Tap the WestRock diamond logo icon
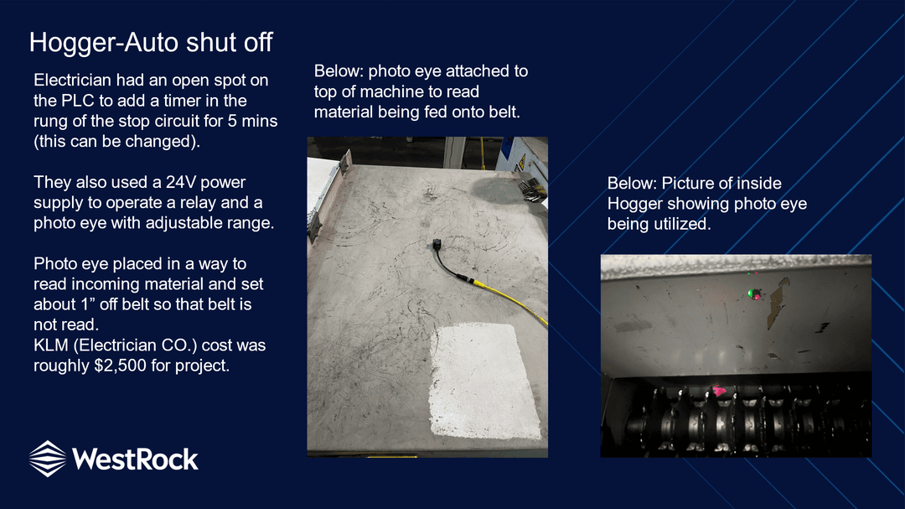47,459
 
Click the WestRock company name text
135,460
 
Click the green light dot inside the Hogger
750,293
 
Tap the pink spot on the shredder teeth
719,391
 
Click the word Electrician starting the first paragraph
73,80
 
